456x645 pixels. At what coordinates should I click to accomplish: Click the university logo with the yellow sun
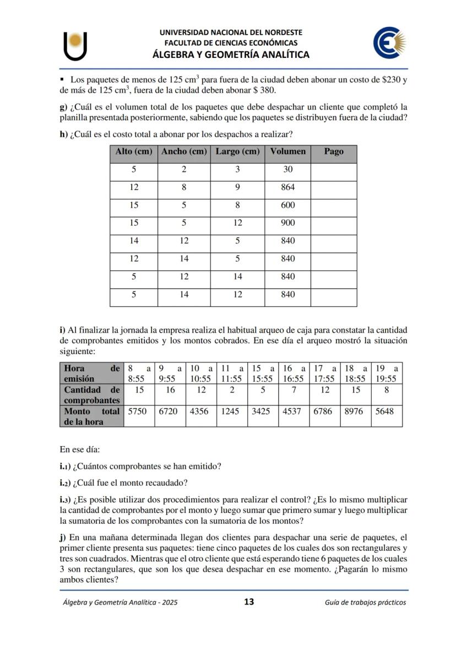[x=75, y=45]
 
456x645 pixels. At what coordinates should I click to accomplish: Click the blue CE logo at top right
[x=389, y=44]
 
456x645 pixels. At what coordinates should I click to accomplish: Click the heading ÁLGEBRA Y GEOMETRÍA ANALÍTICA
[x=231, y=55]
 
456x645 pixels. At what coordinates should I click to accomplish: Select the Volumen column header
[x=287, y=151]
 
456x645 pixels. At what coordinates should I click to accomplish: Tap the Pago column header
[x=334, y=151]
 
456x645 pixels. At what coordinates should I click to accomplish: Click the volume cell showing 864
[x=287, y=187]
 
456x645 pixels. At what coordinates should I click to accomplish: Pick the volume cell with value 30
[x=287, y=170]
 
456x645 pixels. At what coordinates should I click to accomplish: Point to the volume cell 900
[x=287, y=223]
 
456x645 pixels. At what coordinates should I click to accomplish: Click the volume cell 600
[x=287, y=205]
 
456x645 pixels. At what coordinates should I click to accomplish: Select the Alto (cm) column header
[x=134, y=151]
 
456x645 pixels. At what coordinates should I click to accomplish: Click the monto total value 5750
[x=138, y=411]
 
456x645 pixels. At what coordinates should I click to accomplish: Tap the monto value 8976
[x=355, y=411]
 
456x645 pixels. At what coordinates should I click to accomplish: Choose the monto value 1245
[x=231, y=411]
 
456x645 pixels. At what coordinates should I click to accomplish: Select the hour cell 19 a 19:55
[x=386, y=373]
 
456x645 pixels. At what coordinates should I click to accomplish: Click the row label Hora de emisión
[x=91, y=373]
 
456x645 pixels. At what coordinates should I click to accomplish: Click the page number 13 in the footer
[x=249, y=602]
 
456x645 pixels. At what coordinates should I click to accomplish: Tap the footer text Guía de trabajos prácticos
[x=365, y=603]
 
